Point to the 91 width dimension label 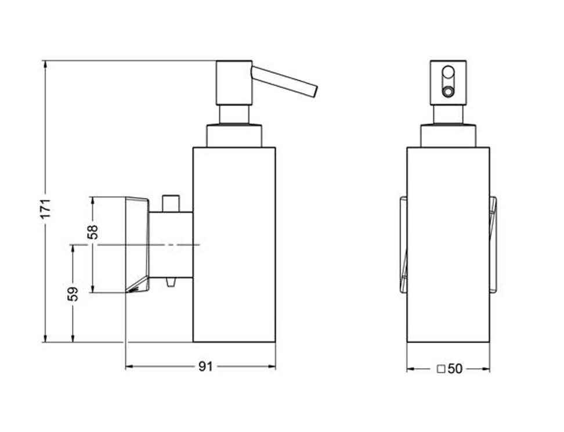(x=205, y=366)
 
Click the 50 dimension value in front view (x=455, y=369)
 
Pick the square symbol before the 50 (x=441, y=369)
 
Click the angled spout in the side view (x=285, y=81)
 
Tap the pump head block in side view (x=233, y=82)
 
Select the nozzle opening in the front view (x=448, y=91)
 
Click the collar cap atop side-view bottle (x=234, y=135)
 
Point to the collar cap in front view (x=448, y=135)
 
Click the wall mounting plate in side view (x=137, y=244)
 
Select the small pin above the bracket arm (x=170, y=203)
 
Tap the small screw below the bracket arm (x=170, y=282)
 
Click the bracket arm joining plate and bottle (x=171, y=244)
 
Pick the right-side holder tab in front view (x=493, y=244)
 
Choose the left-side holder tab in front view (x=403, y=244)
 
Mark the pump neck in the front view (x=448, y=114)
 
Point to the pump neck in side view (x=234, y=114)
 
